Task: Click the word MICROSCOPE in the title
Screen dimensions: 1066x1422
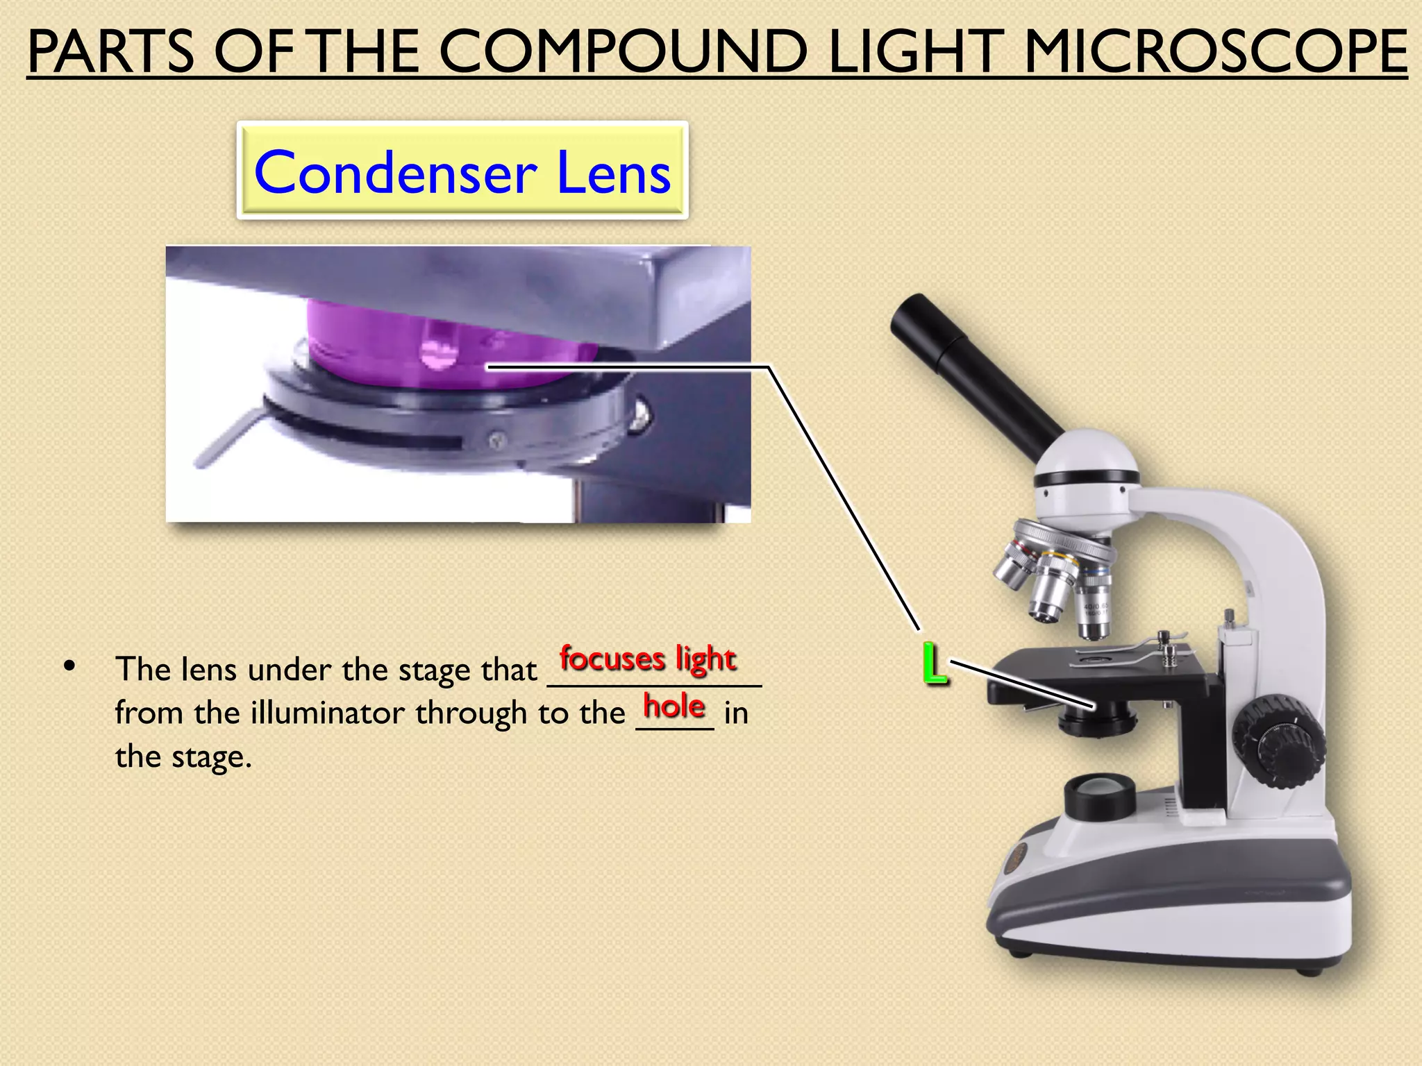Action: (x=1215, y=52)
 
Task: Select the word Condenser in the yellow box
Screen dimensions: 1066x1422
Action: (x=396, y=173)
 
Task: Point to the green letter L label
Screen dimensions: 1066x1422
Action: (x=935, y=664)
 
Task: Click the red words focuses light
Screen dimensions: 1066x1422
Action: (x=648, y=659)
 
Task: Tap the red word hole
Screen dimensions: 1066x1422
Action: (x=674, y=707)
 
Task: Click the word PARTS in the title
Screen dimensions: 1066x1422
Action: (x=111, y=52)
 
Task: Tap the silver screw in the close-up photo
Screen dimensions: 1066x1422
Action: (x=640, y=415)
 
